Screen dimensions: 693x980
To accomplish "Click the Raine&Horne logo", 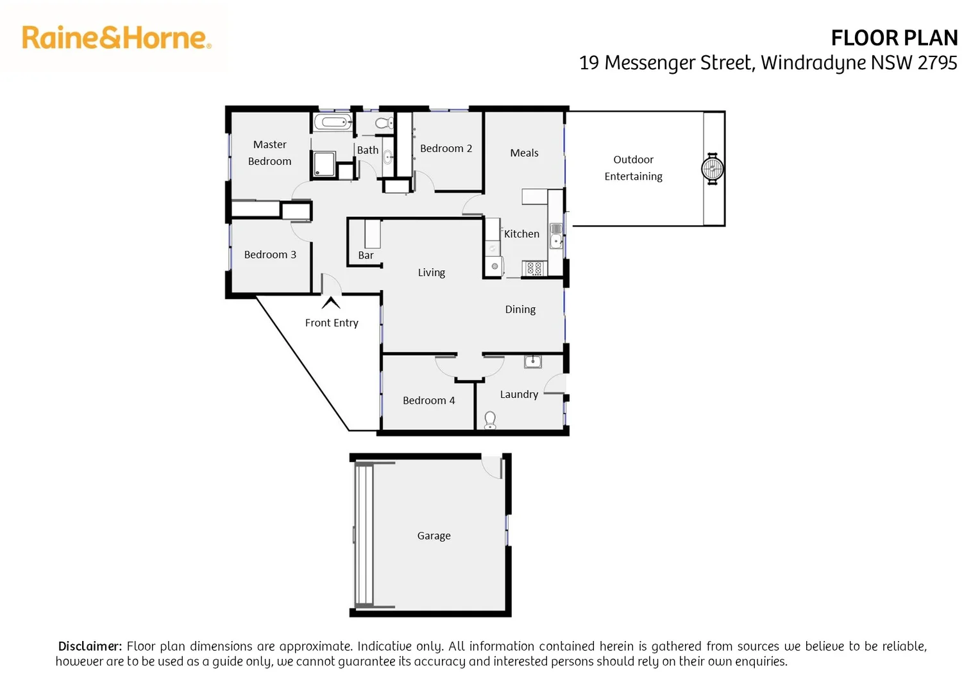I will tap(116, 38).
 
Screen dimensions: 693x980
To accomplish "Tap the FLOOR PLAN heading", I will tap(893, 38).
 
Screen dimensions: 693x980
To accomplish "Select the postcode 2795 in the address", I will tap(937, 63).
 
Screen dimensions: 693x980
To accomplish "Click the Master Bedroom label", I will tap(269, 153).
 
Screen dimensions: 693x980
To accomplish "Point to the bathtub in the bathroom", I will tap(333, 122).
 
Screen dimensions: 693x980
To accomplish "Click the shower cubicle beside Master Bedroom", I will tap(323, 164).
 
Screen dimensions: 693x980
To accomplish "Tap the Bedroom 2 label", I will tap(446, 148).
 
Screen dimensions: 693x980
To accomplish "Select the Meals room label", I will tap(524, 153).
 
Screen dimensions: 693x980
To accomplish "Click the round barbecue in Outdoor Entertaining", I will tap(712, 169).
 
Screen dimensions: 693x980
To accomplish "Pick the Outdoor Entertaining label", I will tap(633, 167).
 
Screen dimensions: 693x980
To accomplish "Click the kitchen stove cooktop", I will tap(534, 268).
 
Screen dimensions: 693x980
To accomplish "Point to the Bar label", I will tap(366, 255).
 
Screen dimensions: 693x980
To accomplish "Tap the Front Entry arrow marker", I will tap(331, 303).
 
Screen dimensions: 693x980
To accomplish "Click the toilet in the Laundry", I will tap(490, 420).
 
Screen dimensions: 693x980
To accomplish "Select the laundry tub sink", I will tap(532, 362).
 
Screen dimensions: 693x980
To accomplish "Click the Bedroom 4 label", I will tap(428, 400).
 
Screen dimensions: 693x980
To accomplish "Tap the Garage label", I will tap(434, 536).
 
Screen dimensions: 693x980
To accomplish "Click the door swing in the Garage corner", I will tap(493, 467).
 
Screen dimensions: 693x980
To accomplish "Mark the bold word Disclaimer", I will tap(90, 646).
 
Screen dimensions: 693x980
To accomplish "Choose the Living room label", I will tap(431, 273).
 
